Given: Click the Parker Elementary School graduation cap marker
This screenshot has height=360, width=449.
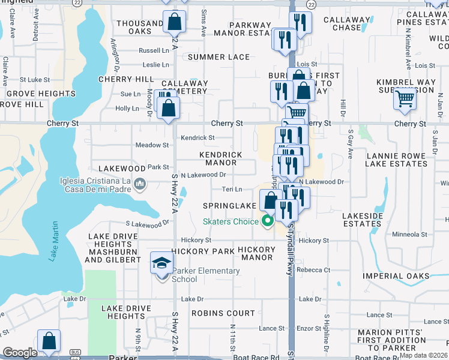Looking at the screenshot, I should coord(160,262).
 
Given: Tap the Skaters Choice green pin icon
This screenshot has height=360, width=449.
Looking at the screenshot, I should coord(268,221).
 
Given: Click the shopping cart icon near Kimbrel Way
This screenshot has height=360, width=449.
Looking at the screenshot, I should coord(405,98).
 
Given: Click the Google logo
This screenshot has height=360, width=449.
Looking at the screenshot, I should coord(20,353).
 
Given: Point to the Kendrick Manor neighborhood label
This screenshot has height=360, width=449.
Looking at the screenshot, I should coord(221,158).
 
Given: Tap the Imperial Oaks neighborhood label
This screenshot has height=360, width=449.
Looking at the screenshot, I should coord(396,276).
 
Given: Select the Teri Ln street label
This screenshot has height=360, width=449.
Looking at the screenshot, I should coord(232,189).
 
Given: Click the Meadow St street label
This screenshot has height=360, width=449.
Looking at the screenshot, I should coord(152,145).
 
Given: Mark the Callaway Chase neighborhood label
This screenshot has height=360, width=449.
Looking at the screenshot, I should coord(347,23).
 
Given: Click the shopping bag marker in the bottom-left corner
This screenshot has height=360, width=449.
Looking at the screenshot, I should coord(48,341).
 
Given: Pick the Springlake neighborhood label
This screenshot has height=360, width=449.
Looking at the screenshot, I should coord(229,206).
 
